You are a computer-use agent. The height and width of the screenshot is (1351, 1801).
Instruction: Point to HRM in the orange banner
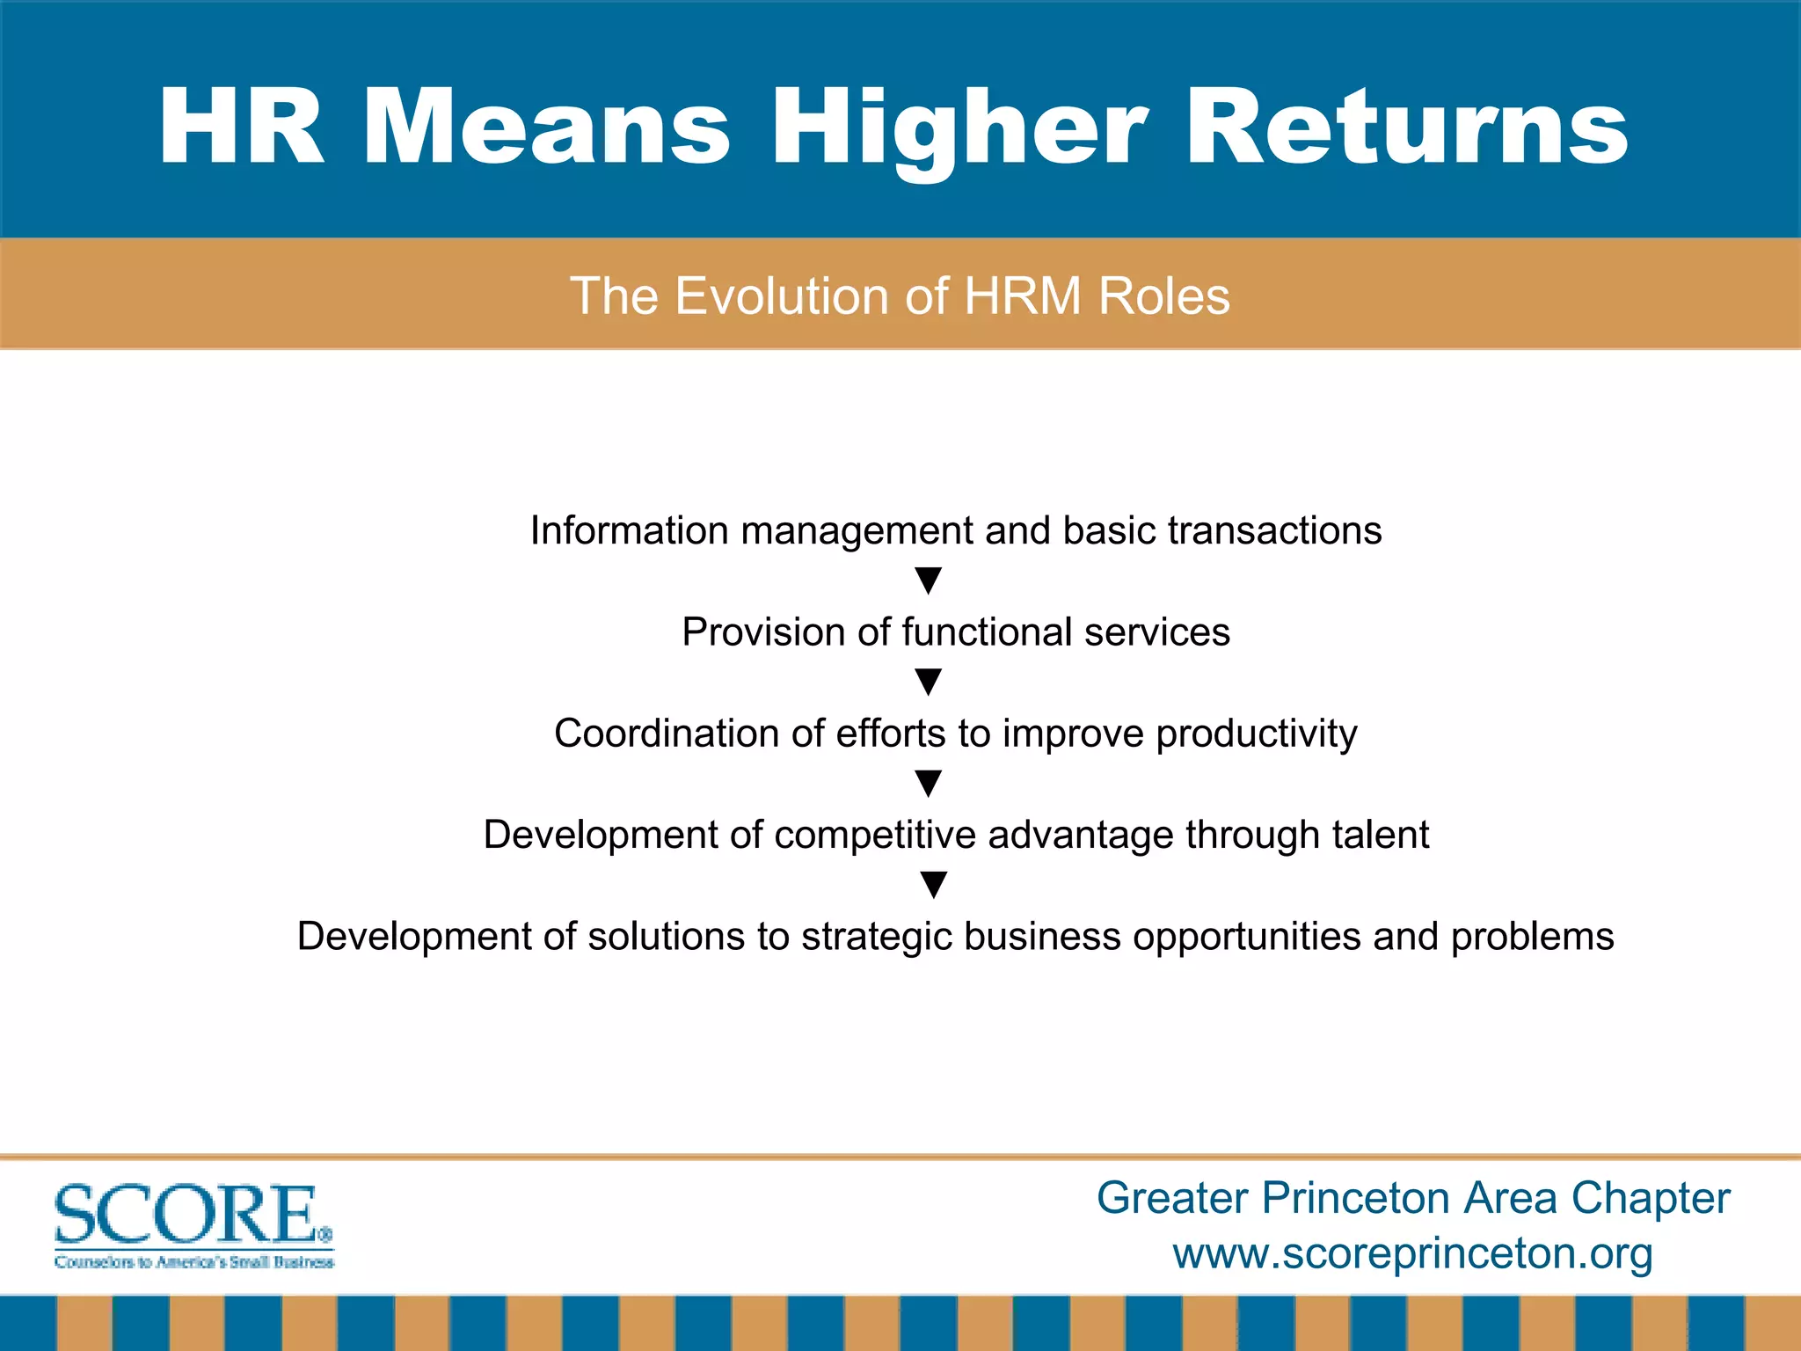click(1023, 296)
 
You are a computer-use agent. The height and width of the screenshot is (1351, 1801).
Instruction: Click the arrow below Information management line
click(929, 581)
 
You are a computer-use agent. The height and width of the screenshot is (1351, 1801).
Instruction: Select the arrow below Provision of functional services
click(929, 682)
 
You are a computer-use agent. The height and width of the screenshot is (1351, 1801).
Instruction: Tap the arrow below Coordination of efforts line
click(929, 783)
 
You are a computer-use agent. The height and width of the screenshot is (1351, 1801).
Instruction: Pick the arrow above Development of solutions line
click(933, 884)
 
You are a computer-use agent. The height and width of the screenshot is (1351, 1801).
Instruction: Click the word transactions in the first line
click(1274, 531)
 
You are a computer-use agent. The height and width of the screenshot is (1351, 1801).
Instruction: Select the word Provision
click(763, 632)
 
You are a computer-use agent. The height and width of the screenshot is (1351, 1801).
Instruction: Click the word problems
click(1532, 937)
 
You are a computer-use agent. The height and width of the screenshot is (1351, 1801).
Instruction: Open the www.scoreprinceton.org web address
click(1412, 1253)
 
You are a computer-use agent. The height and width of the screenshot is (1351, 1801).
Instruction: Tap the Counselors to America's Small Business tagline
click(194, 1263)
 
